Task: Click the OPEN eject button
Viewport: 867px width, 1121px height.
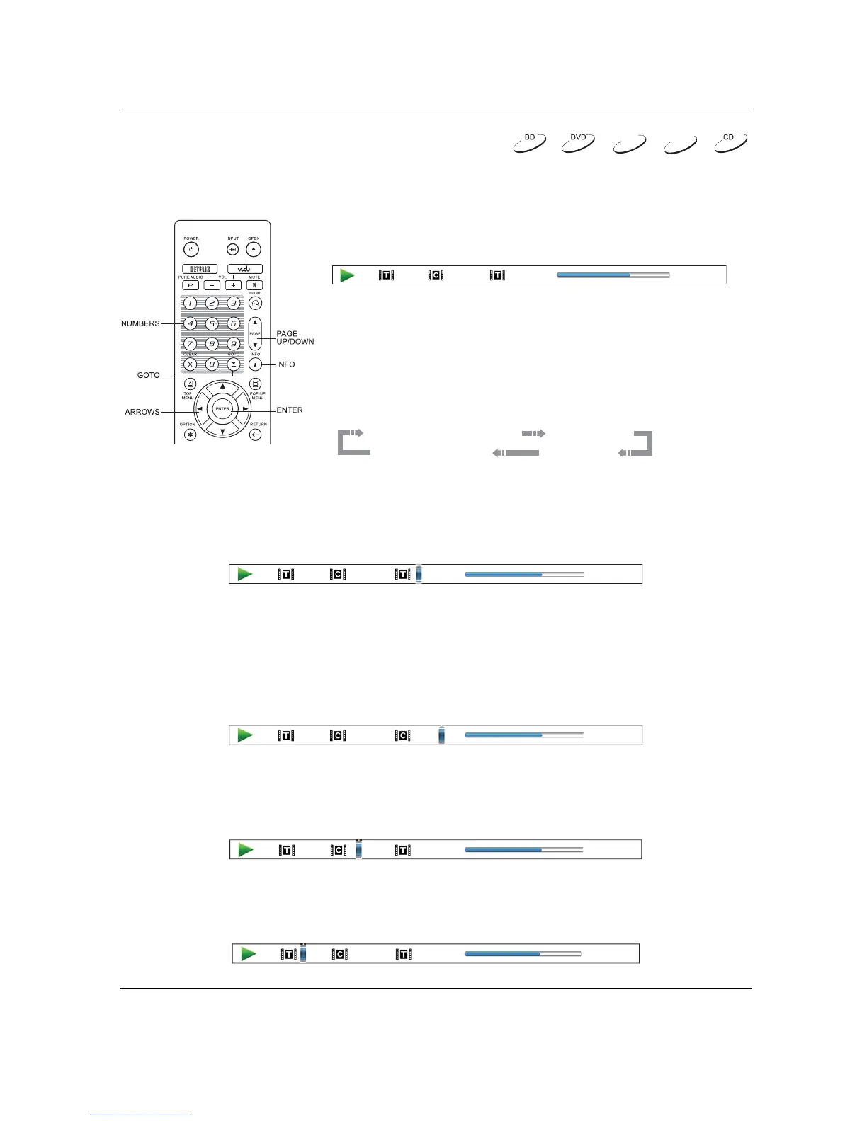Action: pyautogui.click(x=254, y=250)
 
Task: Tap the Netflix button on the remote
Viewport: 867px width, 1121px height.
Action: pyautogui.click(x=200, y=269)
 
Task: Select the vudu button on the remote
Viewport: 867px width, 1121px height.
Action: pyautogui.click(x=244, y=269)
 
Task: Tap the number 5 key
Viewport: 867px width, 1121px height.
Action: pyautogui.click(x=212, y=324)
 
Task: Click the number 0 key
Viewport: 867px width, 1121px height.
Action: pyautogui.click(x=212, y=364)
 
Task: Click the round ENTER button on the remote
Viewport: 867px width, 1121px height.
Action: pyautogui.click(x=222, y=409)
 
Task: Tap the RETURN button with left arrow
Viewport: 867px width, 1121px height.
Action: pyautogui.click(x=256, y=435)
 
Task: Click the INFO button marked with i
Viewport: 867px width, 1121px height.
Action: pyautogui.click(x=256, y=364)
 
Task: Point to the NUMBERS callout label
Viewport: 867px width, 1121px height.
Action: pyautogui.click(x=140, y=323)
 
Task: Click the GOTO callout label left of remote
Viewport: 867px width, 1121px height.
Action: pyautogui.click(x=148, y=375)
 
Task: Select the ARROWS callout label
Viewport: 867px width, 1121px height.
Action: pyautogui.click(x=142, y=412)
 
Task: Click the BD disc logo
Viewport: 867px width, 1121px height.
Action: pyautogui.click(x=529, y=142)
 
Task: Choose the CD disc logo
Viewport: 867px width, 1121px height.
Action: pyautogui.click(x=730, y=142)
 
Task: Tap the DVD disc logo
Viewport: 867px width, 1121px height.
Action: pyautogui.click(x=578, y=142)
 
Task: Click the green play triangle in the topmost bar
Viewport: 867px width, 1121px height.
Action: pyautogui.click(x=347, y=275)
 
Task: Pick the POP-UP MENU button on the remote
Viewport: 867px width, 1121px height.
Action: pyautogui.click(x=256, y=384)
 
